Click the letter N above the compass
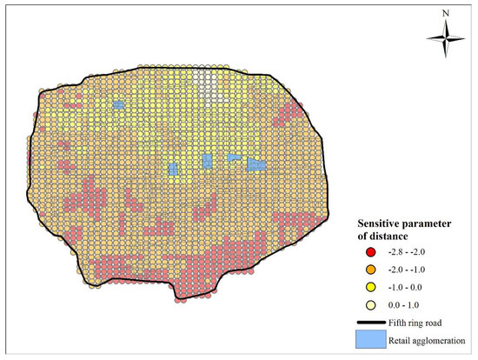(446, 13)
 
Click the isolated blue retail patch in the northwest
(118, 104)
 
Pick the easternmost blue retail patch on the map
(256, 163)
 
